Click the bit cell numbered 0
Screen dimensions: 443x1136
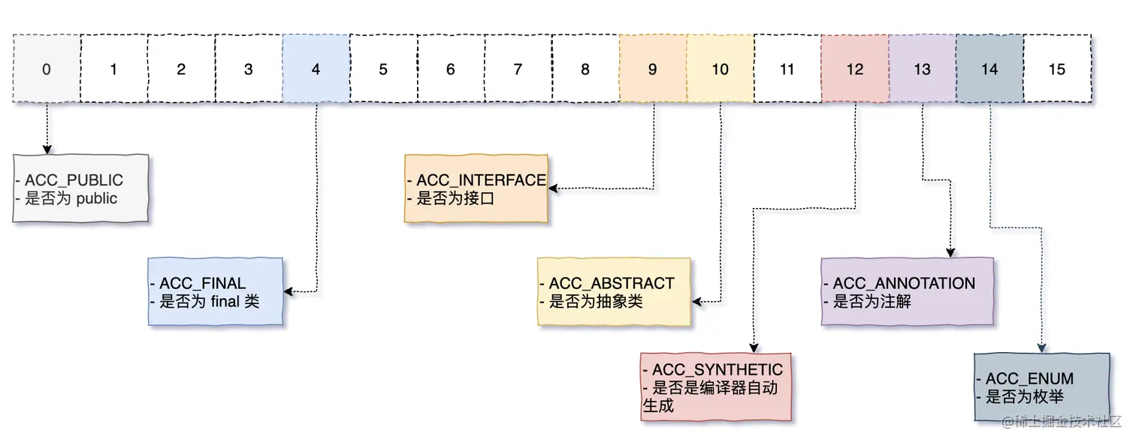47,69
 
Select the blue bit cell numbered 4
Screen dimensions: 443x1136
316,69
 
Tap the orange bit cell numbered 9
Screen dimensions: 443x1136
652,69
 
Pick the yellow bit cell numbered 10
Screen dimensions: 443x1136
720,69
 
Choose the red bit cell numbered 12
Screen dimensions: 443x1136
854,69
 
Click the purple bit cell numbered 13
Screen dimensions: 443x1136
922,69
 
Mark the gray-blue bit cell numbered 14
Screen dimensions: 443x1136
989,69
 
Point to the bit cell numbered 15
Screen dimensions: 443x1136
1056,69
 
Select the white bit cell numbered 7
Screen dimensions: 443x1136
518,69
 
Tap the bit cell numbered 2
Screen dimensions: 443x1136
181,69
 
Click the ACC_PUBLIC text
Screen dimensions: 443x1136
73,181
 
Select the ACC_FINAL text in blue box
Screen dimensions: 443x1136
201,284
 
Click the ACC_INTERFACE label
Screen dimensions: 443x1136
480,181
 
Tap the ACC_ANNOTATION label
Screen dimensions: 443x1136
903,284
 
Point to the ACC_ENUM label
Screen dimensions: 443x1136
1029,379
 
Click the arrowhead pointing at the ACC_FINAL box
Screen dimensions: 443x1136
288,291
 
